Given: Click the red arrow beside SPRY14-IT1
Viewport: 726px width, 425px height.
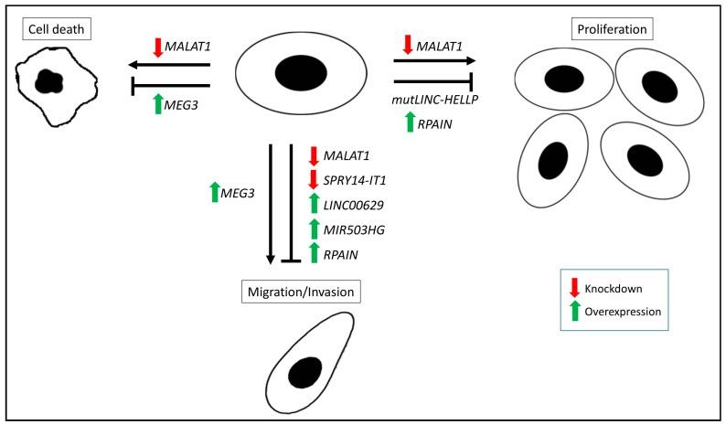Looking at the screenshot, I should (314, 180).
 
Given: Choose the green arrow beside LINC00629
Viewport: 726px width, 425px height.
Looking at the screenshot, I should (314, 206).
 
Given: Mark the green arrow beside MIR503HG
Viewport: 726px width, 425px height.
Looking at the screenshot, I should (314, 230).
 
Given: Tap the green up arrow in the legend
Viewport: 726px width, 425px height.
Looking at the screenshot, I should (574, 312).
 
